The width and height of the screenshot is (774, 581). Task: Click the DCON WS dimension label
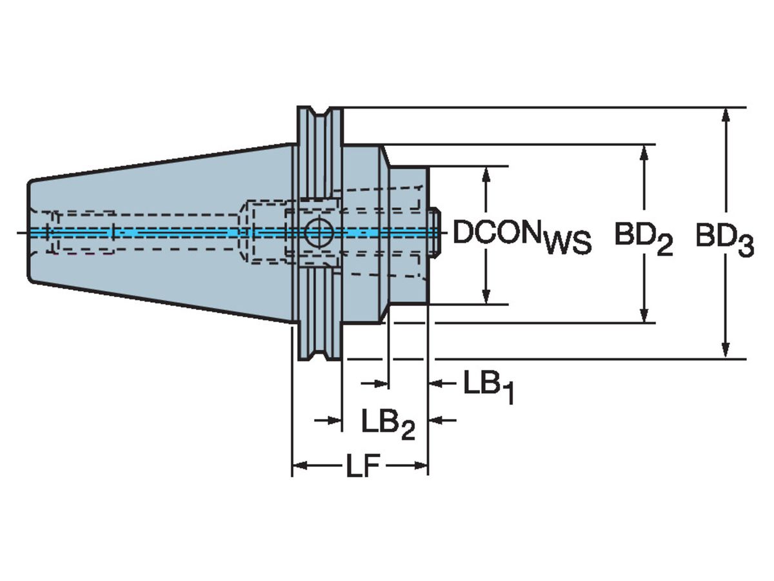pos(521,236)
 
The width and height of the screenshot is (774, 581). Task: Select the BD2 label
pos(642,238)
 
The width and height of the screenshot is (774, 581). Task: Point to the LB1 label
pos(488,387)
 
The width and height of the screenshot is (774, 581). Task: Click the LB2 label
pos(387,425)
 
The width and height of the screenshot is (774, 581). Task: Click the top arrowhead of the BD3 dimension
pos(726,115)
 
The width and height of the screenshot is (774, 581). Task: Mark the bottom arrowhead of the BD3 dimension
pos(726,350)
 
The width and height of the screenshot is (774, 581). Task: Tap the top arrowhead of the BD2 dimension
pos(644,152)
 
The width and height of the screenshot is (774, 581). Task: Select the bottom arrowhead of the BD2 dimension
pos(644,314)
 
